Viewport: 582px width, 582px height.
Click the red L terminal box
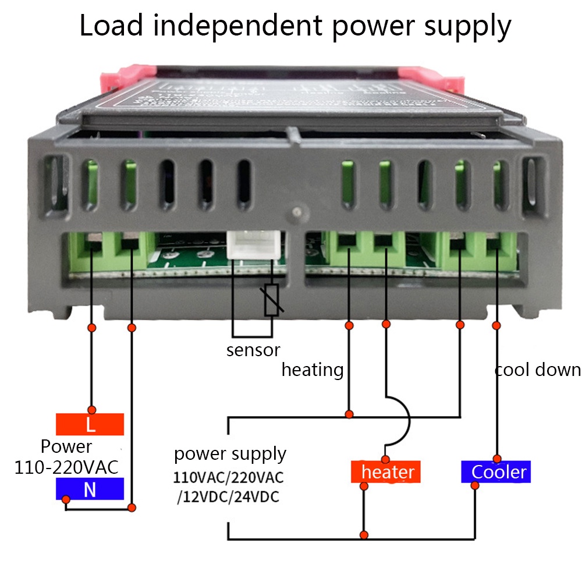point(90,424)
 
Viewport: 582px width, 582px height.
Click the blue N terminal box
point(90,489)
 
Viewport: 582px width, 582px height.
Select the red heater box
point(385,471)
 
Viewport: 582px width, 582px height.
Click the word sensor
point(253,350)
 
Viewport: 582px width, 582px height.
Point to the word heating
point(313,370)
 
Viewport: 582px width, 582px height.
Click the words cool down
point(538,370)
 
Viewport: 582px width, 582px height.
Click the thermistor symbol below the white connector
point(271,300)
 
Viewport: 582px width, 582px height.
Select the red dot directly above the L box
point(91,409)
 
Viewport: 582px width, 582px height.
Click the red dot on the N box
point(67,499)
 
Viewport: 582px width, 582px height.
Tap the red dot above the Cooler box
point(496,458)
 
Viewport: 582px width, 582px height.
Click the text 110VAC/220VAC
point(229,478)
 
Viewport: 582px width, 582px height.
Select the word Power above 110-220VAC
point(66,447)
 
